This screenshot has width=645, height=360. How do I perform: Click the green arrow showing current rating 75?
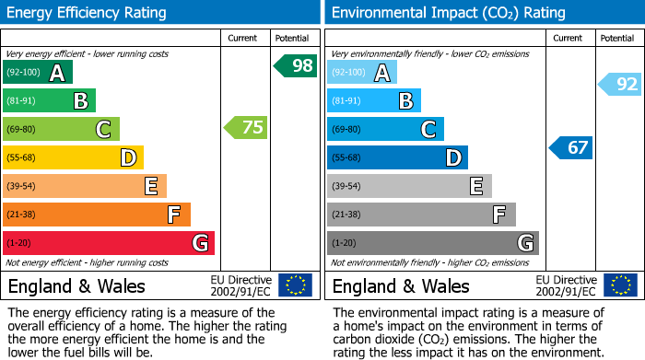pyautogui.click(x=246, y=128)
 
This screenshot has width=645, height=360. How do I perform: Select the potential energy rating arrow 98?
pyautogui.click(x=296, y=65)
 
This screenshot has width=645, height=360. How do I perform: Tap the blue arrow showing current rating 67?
pyautogui.click(x=571, y=147)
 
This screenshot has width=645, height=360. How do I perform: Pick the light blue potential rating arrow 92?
pyautogui.click(x=620, y=85)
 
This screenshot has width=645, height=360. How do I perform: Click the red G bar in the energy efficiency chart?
pyautogui.click(x=109, y=243)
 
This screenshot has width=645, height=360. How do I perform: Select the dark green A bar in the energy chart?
pyautogui.click(x=38, y=73)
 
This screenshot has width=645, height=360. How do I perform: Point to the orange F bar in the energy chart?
pyautogui.click(x=97, y=215)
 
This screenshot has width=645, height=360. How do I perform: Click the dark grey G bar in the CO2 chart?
pyautogui.click(x=433, y=243)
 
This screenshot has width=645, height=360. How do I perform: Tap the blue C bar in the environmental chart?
pyautogui.click(x=386, y=129)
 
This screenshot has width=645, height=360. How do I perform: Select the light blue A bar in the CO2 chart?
pyautogui.click(x=362, y=73)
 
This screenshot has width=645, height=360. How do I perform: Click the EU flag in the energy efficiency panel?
pyautogui.click(x=295, y=285)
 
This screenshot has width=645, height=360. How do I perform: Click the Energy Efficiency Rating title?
pyautogui.click(x=88, y=13)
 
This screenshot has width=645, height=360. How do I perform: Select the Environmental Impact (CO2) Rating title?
pyautogui.click(x=448, y=13)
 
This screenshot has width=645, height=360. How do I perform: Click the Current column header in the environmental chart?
pyautogui.click(x=569, y=38)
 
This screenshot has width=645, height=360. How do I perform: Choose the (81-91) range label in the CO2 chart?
pyautogui.click(x=346, y=100)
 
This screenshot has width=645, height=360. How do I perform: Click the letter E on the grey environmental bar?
pyautogui.click(x=476, y=186)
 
